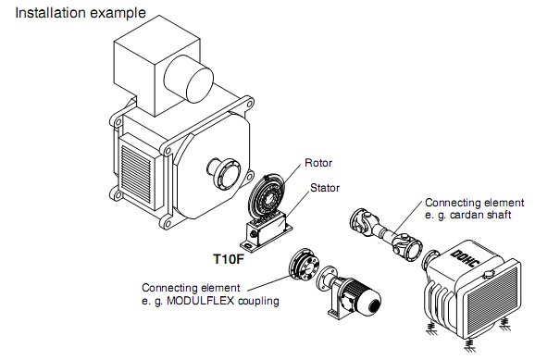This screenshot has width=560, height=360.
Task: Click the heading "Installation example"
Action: (81, 13)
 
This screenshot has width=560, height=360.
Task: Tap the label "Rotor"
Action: (318, 163)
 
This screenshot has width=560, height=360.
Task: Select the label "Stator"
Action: (325, 188)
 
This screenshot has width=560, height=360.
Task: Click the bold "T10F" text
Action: (229, 259)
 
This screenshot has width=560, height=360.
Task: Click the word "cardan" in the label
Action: (467, 215)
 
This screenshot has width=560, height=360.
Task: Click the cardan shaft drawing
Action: (386, 234)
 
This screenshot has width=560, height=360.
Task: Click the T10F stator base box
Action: (266, 231)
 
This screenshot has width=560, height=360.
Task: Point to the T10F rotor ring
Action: (267, 195)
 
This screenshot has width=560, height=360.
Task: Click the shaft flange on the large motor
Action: (226, 174)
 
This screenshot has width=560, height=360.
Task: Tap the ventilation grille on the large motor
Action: (136, 174)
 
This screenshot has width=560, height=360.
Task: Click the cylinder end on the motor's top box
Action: (200, 85)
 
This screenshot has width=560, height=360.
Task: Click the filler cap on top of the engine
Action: (489, 274)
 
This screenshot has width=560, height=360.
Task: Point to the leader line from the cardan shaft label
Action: (408, 218)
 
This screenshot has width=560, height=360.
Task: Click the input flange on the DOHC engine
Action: (430, 260)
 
